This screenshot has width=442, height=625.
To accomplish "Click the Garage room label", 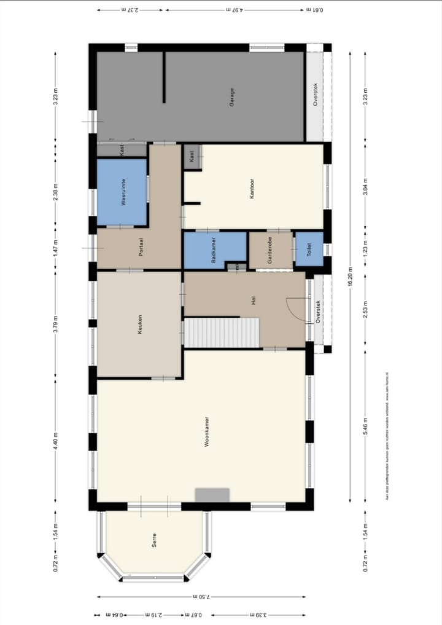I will [232, 97].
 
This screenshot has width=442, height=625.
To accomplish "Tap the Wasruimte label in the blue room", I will [123, 192].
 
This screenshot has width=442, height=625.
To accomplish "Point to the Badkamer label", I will [214, 251].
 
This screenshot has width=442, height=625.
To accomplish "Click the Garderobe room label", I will [269, 251].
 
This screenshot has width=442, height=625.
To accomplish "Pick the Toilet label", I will [309, 249].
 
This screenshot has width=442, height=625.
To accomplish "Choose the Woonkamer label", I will [208, 431].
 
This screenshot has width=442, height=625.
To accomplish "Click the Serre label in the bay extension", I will [153, 540].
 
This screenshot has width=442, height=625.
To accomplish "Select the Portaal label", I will [141, 246].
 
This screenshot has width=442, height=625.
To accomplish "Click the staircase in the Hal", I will [222, 332].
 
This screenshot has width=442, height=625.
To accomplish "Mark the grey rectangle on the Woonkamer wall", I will [212, 495].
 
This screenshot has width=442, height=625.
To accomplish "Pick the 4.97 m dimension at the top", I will [235, 10].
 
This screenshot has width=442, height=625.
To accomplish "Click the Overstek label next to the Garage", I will [316, 96].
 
